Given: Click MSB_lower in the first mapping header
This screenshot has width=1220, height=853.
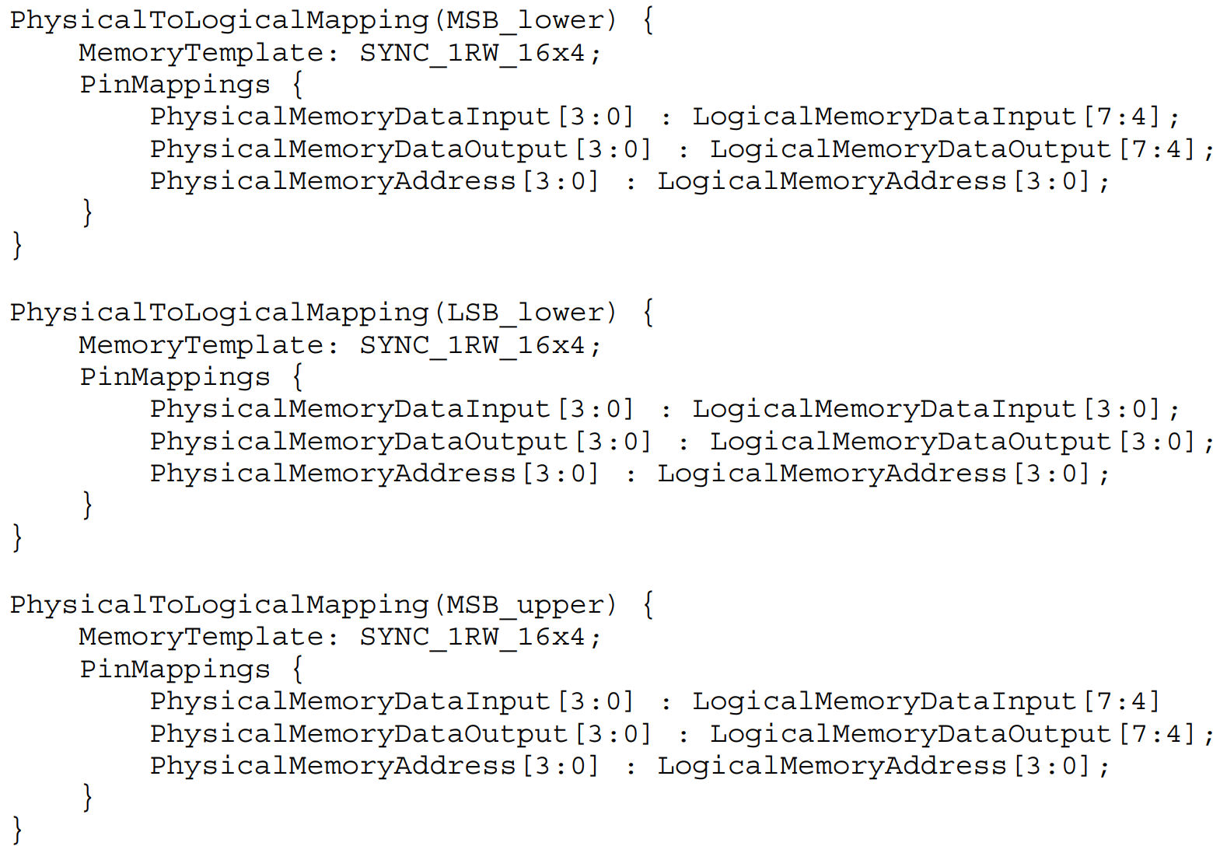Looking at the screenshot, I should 525,20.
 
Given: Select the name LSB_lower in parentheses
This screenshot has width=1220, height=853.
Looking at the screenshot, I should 525,313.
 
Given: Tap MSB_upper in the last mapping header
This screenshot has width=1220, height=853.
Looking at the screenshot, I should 525,605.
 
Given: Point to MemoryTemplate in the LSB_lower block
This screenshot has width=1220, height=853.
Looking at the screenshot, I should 201,344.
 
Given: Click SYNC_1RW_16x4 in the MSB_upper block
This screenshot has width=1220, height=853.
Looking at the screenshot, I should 472,637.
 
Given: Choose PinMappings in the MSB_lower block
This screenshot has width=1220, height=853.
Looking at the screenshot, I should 175,85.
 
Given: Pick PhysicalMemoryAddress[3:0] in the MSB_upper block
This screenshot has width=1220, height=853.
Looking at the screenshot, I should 374,766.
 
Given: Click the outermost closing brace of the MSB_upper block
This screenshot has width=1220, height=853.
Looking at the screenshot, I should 17,830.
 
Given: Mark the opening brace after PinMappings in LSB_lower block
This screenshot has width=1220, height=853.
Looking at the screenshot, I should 297,378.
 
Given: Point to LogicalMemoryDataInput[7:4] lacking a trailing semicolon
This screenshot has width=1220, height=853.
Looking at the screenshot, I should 925,701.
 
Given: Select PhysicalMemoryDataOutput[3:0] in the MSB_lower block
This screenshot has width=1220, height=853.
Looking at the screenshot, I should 400,149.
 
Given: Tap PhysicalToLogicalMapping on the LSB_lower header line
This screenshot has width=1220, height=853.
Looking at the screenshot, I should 219,313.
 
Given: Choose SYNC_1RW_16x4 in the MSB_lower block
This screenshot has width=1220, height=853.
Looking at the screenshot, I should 472,53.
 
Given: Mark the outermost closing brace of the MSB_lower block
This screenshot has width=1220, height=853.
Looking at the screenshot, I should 17,245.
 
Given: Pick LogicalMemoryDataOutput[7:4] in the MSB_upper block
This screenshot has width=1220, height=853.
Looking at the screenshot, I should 952,734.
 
